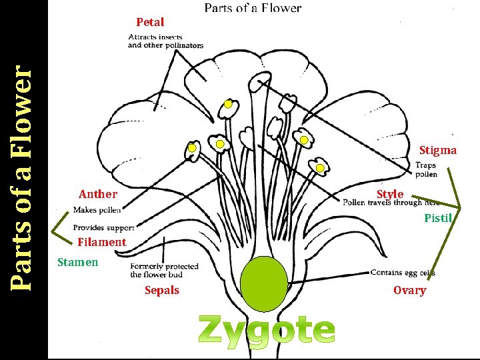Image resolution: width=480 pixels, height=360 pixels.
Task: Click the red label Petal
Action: [150, 22]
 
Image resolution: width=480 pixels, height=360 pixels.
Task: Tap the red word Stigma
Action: [438, 150]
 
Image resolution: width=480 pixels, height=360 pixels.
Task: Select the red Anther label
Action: [98, 195]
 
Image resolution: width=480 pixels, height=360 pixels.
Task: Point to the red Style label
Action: [390, 194]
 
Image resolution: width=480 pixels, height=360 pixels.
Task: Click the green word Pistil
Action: [438, 218]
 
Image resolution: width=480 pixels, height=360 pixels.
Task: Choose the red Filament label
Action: [101, 242]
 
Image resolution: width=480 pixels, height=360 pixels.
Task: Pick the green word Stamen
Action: [77, 262]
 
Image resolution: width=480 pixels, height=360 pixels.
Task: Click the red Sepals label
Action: [162, 290]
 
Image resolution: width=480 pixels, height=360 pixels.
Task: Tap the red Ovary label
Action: [409, 290]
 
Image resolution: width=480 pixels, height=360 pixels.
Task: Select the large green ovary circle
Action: [264, 283]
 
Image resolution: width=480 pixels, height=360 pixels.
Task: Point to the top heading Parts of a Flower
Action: [253, 8]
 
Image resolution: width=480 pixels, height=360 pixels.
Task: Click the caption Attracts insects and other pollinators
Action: [165, 41]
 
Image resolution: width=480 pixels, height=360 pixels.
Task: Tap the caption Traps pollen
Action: [427, 170]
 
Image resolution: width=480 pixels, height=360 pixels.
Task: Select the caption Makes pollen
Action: [97, 210]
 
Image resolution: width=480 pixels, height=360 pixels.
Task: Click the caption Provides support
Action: [103, 228]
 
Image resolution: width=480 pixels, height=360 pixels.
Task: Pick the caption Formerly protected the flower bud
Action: [164, 271]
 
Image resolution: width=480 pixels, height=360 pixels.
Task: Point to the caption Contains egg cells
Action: [403, 273]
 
